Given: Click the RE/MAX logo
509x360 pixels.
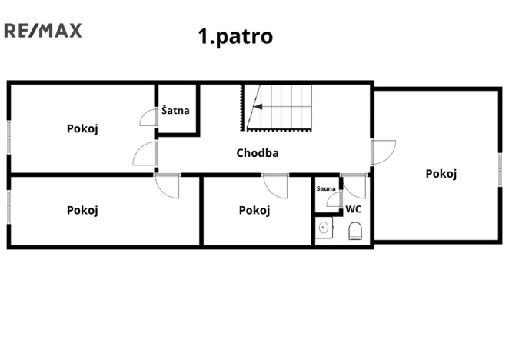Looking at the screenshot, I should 42,31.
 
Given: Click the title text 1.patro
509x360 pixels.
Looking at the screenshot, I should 235,36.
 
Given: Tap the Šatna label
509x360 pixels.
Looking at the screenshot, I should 175,111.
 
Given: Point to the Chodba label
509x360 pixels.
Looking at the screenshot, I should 258,152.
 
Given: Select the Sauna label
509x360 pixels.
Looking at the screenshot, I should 326,188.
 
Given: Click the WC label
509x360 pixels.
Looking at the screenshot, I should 353,208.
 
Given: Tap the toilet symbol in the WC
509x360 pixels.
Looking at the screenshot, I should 355,231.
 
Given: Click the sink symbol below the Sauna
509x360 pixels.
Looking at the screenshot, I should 324,228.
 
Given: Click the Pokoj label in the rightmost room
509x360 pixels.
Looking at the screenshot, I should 441,174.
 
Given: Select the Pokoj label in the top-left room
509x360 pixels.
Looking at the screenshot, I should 82,128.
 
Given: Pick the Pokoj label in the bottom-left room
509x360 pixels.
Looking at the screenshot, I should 82,210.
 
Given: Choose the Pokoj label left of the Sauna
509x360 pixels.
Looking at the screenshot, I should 254,210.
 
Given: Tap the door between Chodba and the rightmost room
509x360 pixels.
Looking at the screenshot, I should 382,152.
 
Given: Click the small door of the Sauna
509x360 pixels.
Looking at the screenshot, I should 333,201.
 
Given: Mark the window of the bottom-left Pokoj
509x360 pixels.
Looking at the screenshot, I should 9,207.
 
